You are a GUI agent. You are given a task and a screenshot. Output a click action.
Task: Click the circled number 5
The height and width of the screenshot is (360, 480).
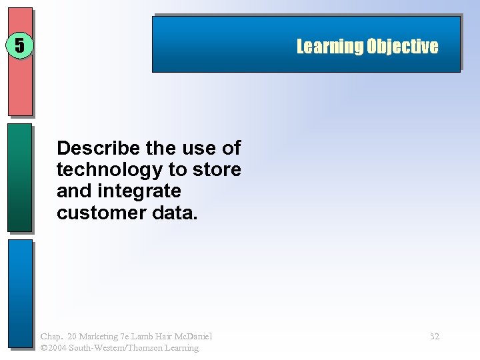(x=20, y=45)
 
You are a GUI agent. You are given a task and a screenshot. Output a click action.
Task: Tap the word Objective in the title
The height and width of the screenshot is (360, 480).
(x=403, y=46)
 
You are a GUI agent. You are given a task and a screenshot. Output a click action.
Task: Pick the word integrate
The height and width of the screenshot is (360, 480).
(x=139, y=191)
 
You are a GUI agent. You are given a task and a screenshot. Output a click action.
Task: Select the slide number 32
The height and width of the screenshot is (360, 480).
(x=435, y=337)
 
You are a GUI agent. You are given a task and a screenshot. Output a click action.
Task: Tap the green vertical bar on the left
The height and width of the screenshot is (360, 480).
(x=20, y=177)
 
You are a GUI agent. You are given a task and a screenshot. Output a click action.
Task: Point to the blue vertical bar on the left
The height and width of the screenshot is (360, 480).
(x=20, y=293)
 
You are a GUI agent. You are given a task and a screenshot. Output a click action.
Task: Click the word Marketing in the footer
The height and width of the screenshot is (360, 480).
(x=100, y=337)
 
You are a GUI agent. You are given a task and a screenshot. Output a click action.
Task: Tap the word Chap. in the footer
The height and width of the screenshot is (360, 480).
(x=51, y=337)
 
